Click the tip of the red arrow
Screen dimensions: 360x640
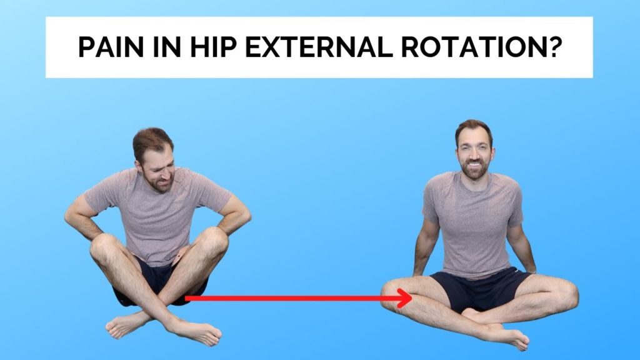(x=411, y=299)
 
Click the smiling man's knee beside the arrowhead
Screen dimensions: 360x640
(x=395, y=294)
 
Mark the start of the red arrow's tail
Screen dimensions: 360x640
(x=186, y=299)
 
